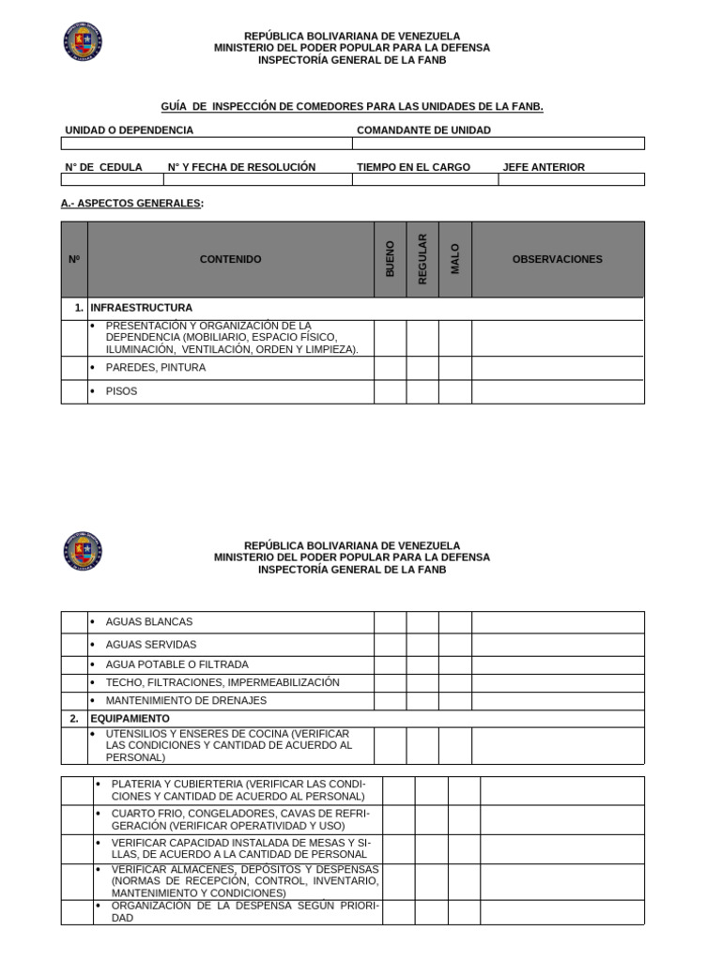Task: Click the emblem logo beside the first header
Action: click(83, 41)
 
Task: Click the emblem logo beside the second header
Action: click(83, 551)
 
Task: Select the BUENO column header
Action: click(391, 259)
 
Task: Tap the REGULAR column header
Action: click(422, 259)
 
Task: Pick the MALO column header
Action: click(455, 259)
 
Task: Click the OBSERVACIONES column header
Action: click(558, 259)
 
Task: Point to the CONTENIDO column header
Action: click(230, 259)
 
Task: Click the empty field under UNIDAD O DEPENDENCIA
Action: click(207, 144)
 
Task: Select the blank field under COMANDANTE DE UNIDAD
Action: click(499, 144)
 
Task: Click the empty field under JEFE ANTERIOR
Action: click(571, 179)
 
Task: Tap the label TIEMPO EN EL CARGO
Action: click(413, 167)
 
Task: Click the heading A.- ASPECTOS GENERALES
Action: click(131, 203)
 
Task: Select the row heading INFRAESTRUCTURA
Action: click(141, 308)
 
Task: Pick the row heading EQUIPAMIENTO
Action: click(130, 718)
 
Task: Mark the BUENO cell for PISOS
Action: click(391, 391)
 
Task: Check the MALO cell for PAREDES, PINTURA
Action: click(455, 368)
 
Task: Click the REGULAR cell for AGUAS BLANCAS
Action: click(422, 622)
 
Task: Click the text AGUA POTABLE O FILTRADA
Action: click(177, 664)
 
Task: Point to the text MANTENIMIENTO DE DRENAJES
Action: click(186, 700)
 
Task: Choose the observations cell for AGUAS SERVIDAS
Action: click(558, 645)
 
